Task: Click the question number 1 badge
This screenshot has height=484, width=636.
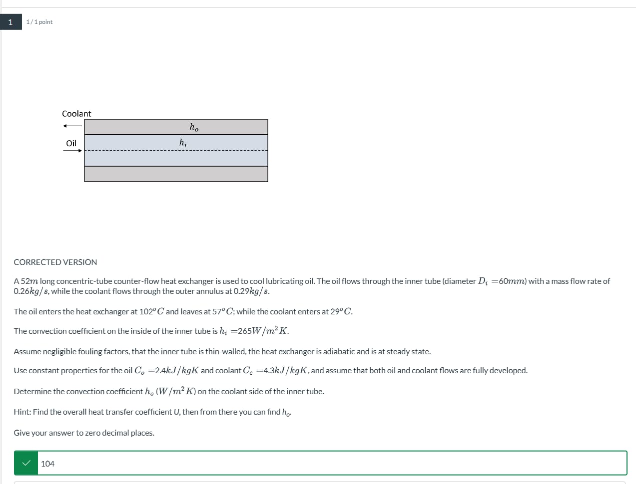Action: [10, 22]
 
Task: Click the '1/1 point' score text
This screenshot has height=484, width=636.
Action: [39, 22]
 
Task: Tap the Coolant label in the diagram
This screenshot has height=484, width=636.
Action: [76, 114]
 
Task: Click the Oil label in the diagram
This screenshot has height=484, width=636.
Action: [71, 143]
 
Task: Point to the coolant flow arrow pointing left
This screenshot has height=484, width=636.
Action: [72, 126]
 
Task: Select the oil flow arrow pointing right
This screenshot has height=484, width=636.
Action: [72, 151]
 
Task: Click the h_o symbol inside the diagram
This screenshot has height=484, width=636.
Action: [194, 128]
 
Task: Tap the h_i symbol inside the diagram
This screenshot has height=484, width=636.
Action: [183, 143]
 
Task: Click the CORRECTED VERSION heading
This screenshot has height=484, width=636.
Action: [55, 262]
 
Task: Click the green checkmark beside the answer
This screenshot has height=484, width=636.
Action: [26, 463]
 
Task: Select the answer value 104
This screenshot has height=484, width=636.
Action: [48, 464]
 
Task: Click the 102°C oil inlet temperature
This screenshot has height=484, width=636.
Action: [151, 311]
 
